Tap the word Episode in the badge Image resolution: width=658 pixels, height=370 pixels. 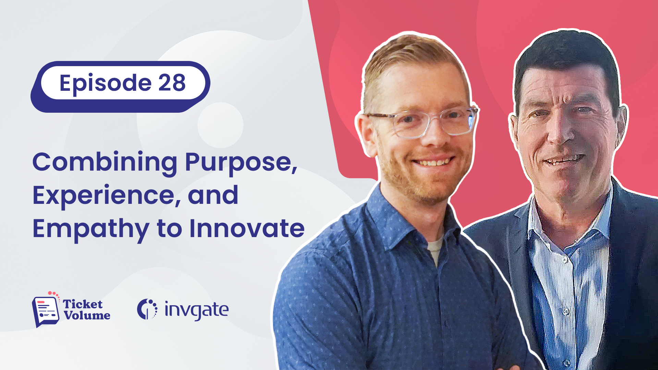pos(106,83)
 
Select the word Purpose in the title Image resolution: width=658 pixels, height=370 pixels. pos(241,163)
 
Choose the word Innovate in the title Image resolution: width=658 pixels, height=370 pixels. pos(247,228)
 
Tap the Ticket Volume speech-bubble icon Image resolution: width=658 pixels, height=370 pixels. pos(46,309)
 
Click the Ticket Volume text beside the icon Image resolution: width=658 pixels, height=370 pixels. pos(87,309)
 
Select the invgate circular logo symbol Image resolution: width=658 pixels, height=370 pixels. pos(147,309)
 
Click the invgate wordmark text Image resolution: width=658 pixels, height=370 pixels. pos(196,310)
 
